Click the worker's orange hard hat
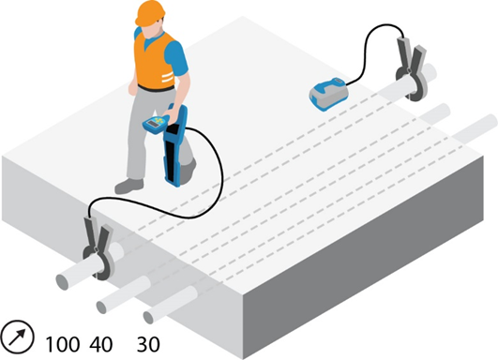tap(150, 12)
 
